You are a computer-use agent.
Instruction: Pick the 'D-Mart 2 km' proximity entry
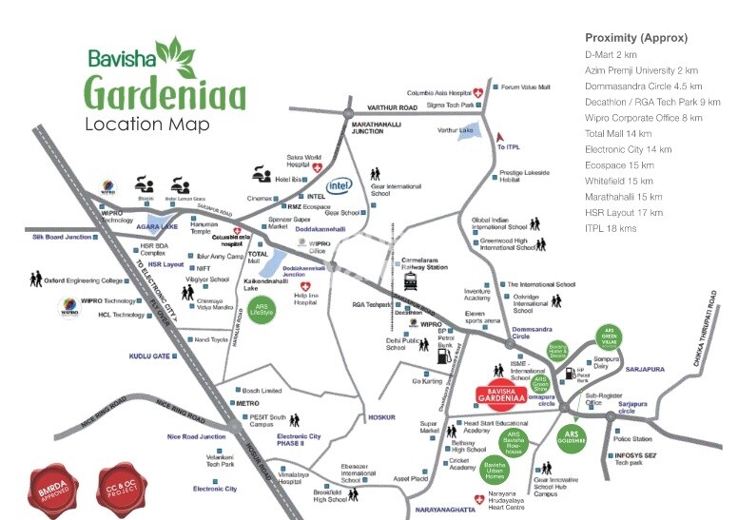(x=611, y=54)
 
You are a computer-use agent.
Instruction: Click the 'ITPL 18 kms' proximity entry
(x=611, y=229)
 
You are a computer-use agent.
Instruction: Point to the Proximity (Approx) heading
(x=636, y=38)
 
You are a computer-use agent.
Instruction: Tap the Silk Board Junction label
(x=62, y=237)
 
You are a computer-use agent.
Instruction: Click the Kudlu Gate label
(x=149, y=356)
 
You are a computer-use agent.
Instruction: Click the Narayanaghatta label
(x=449, y=511)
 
